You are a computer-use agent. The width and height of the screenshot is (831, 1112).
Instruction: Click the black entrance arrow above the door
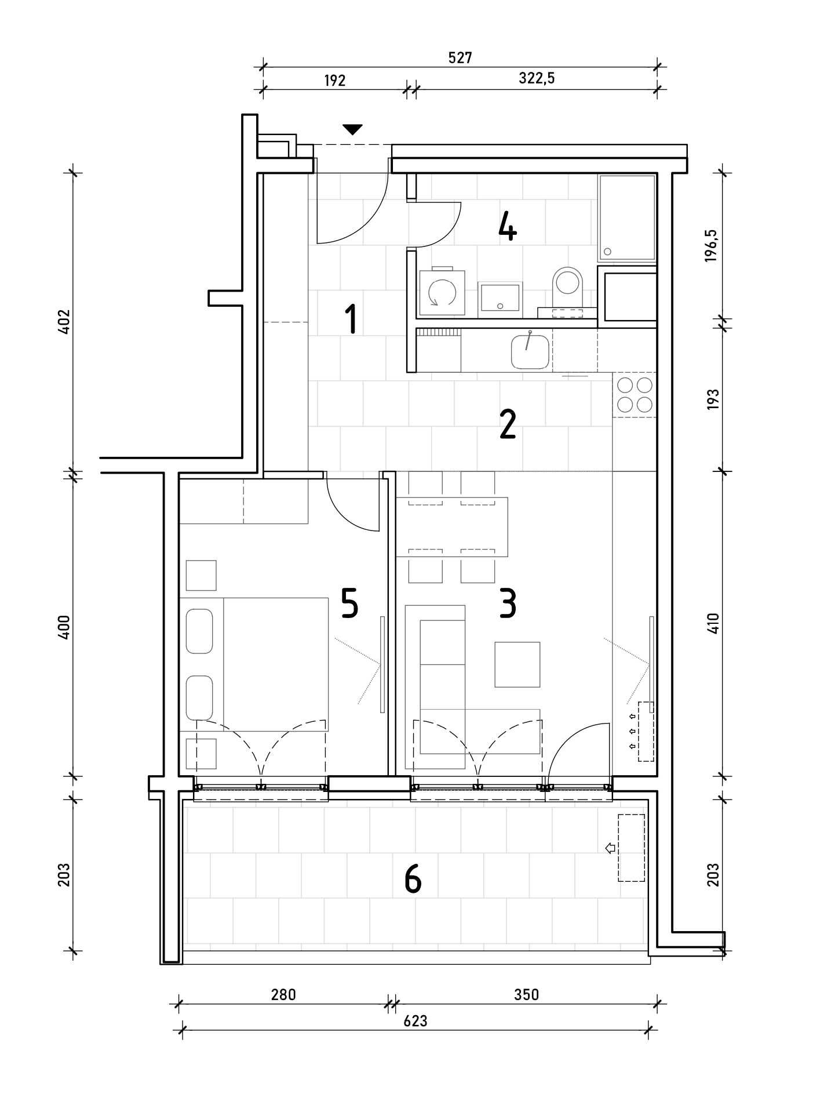coord(352,129)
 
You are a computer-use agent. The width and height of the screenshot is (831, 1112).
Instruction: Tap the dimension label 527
coord(461,57)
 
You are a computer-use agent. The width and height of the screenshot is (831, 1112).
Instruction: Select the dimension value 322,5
coord(537,78)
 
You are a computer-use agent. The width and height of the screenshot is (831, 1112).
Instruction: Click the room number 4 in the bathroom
coord(507,226)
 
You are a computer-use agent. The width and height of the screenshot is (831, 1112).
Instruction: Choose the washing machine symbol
coord(442,292)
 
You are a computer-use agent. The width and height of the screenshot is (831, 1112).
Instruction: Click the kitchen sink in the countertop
coord(530,351)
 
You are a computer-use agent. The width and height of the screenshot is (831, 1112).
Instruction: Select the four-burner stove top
coord(635,394)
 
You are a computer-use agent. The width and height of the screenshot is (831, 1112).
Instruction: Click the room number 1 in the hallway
coord(351,320)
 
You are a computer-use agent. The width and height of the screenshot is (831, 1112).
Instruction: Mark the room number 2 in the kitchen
coord(507,426)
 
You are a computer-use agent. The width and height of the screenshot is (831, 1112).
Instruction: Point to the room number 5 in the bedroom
coord(349,604)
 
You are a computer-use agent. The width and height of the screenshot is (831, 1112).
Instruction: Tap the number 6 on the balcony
coord(413,879)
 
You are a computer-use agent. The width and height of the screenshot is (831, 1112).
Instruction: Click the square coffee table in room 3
coord(517,664)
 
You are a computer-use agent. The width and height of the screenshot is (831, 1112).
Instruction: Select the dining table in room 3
coord(452,527)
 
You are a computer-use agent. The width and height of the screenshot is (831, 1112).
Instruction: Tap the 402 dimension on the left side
coord(64,322)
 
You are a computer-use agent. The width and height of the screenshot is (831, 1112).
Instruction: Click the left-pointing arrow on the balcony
coord(610,848)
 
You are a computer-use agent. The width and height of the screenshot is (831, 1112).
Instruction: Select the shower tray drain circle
coord(607,252)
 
